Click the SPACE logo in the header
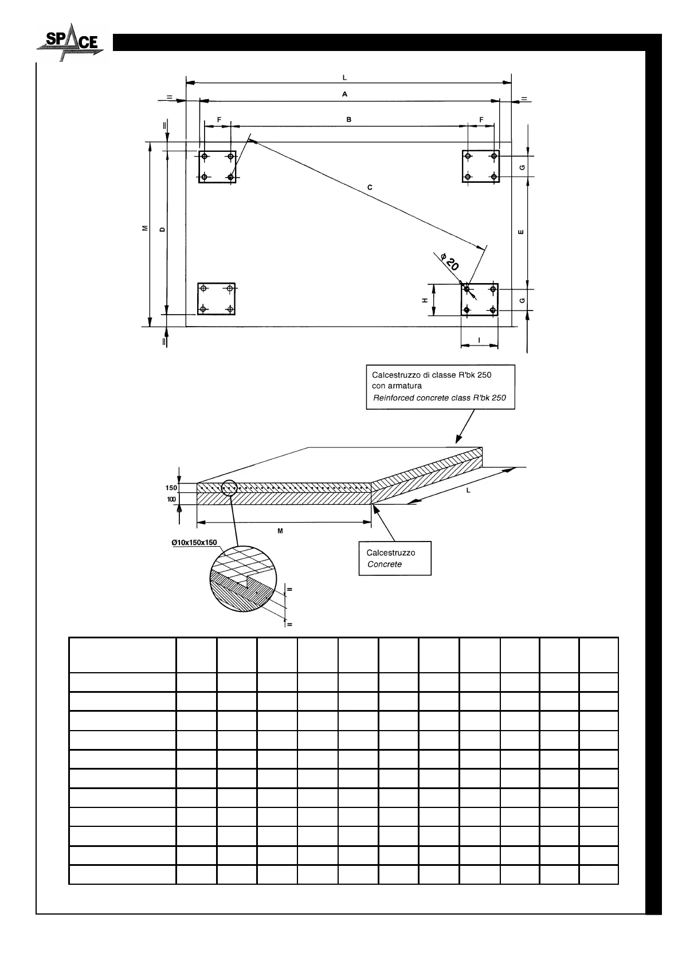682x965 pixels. pos(70,42)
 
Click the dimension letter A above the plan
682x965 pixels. pos(345,94)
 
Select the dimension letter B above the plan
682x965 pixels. pos(348,119)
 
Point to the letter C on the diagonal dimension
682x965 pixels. pos(370,187)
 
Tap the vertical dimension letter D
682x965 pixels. pos(162,229)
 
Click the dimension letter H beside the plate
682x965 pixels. pos(425,300)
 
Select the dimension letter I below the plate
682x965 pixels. pos(479,340)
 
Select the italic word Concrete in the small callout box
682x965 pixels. pos(385,564)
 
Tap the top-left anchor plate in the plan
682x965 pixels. pos(217,166)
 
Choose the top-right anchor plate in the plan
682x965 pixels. pos(481,166)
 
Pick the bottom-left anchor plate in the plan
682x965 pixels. pos(216,299)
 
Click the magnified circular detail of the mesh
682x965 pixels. pos(243,579)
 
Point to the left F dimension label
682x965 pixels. pos(219,119)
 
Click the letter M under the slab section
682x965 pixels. pos(280,531)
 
